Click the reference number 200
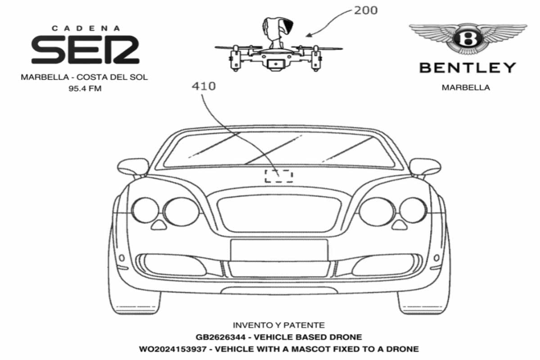[365, 10]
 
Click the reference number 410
[204, 86]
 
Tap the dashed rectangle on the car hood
[279, 170]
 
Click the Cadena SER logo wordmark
[85, 49]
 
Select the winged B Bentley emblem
[468, 39]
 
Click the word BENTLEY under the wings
[468, 68]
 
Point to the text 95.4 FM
[85, 89]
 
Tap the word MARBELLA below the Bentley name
[466, 88]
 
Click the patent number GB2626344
[220, 337]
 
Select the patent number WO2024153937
[173, 349]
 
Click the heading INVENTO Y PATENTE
[279, 325]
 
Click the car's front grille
[279, 213]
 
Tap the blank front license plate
[279, 250]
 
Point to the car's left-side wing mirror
[133, 166]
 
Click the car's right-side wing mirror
[425, 166]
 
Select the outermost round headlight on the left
[145, 211]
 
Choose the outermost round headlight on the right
[413, 211]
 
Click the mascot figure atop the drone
[277, 32]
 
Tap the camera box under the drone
[276, 64]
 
